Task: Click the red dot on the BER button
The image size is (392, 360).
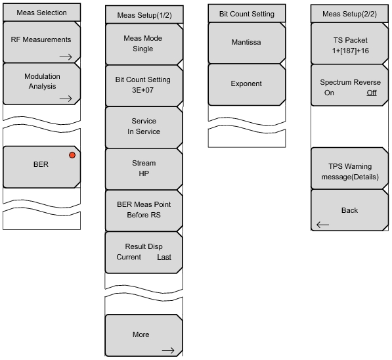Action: point(72,155)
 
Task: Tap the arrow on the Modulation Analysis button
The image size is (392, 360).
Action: point(66,99)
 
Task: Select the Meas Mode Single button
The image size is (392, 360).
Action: point(144,44)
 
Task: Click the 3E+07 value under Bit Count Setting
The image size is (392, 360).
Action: point(142,90)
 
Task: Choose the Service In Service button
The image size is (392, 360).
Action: point(144,127)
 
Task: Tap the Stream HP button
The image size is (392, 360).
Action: point(144,169)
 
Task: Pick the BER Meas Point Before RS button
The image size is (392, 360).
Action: point(144,211)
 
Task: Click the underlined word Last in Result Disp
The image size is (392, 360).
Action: point(164,257)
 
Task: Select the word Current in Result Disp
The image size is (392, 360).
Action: point(129,257)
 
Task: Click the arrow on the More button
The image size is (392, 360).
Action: point(168,350)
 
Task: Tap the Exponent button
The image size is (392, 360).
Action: point(247,85)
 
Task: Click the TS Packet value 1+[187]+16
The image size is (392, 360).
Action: point(351,51)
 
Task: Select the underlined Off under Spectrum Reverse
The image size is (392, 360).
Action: point(372,93)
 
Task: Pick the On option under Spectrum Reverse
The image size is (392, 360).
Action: point(329,93)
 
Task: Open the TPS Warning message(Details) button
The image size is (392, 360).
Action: point(350,168)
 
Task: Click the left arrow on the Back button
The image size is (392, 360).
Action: point(323,225)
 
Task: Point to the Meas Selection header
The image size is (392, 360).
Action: point(42,12)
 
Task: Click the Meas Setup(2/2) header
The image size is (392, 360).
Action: point(349,14)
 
